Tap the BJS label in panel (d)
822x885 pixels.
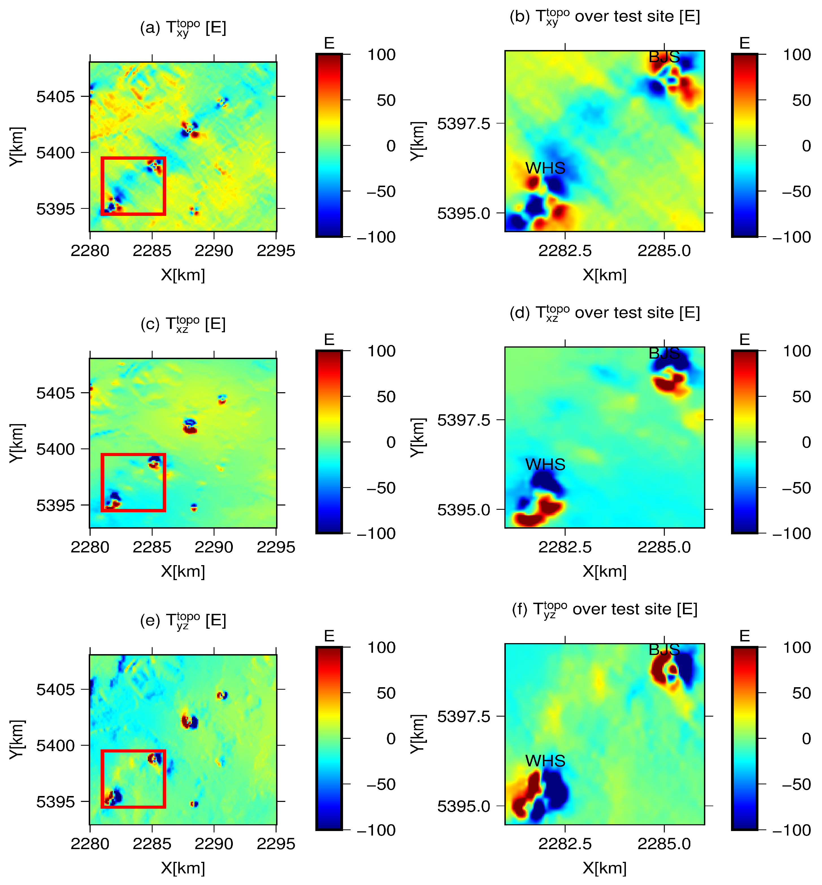click(664, 353)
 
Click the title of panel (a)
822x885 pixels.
click(183, 28)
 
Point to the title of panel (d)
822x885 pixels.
click(604, 313)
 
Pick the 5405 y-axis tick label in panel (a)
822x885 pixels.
click(56, 97)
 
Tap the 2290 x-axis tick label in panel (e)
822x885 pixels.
click(214, 844)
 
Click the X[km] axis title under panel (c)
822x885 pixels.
click(183, 571)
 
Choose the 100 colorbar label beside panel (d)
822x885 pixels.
click(797, 351)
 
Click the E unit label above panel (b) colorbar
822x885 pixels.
click(745, 43)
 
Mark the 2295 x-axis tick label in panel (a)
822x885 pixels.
click(276, 251)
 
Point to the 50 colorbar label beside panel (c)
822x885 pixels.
click(386, 397)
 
